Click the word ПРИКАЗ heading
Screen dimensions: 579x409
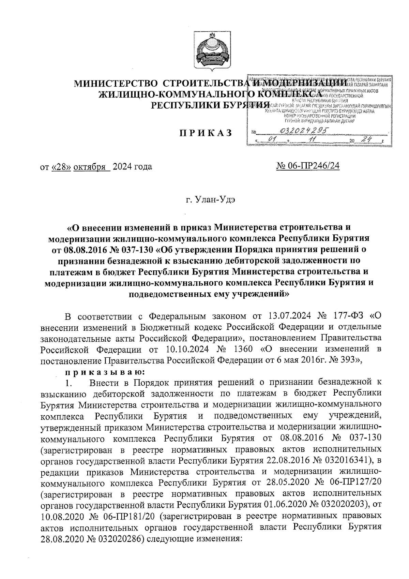point(206,133)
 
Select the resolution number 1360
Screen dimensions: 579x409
point(243,349)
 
